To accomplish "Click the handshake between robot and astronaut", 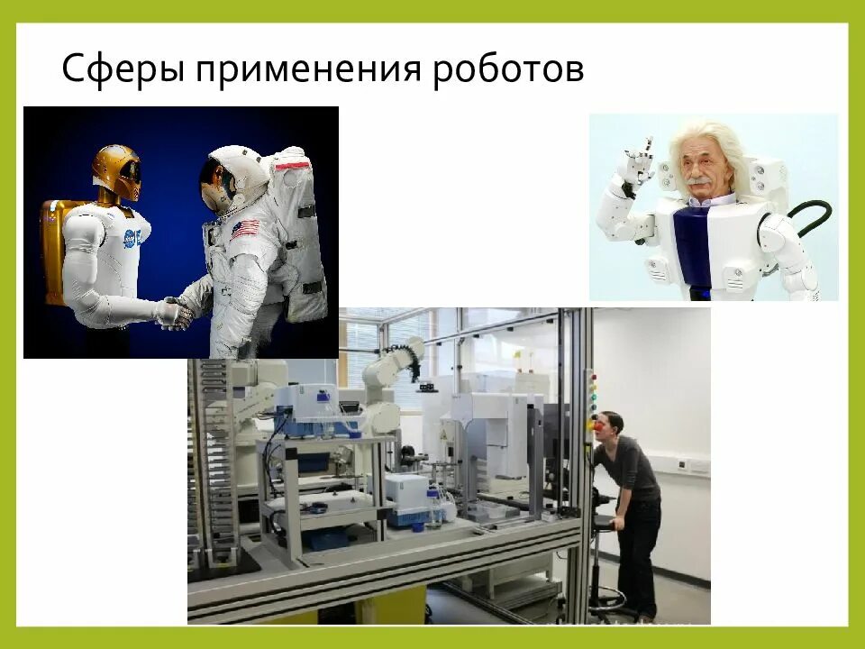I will [x=177, y=314].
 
